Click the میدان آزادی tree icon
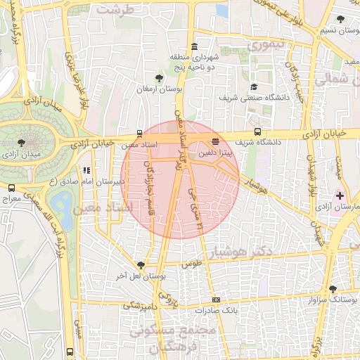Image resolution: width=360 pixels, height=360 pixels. [x=20, y=143]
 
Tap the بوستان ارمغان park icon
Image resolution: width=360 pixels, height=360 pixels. [x=160, y=79]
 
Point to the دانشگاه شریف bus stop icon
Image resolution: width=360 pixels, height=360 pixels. [x=258, y=131]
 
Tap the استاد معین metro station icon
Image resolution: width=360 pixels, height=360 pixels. [x=139, y=132]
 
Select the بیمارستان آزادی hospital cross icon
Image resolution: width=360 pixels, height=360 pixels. [x=340, y=195]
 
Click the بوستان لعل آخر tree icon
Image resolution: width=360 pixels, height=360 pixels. [x=142, y=265]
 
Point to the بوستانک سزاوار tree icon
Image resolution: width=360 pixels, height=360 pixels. [x=333, y=288]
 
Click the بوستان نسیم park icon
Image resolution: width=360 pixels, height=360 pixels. [x=341, y=20]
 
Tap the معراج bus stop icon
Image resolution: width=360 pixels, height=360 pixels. [x=11, y=188]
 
